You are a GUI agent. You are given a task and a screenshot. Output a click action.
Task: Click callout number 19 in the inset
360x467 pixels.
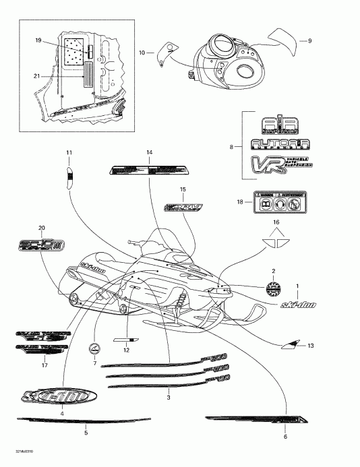coord(38,42)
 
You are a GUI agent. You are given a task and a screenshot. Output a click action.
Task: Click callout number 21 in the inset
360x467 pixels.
coord(38,75)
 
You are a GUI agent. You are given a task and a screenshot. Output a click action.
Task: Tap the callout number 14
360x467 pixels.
coord(150,152)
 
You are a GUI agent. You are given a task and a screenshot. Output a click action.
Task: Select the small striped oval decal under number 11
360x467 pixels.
coord(69,178)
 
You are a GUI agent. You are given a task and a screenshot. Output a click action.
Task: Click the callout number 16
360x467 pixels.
coord(274,222)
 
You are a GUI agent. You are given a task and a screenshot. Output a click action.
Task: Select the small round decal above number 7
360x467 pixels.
coord(95,348)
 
